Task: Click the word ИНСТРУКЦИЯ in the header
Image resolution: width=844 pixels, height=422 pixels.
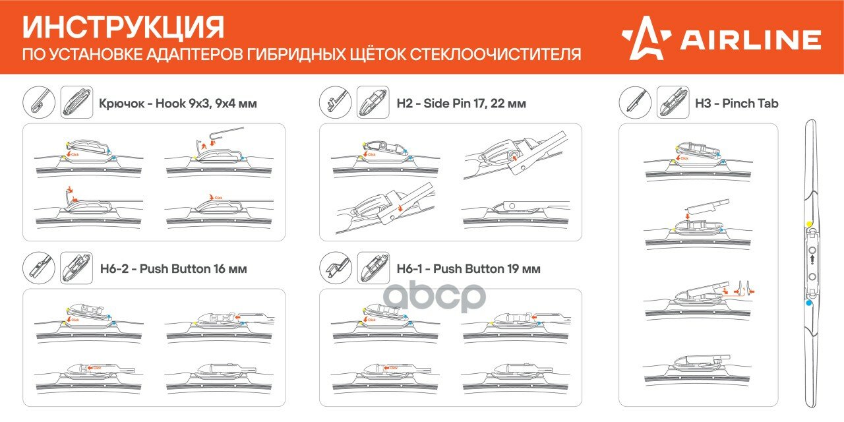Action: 123,28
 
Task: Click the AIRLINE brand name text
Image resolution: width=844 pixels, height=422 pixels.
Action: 750,40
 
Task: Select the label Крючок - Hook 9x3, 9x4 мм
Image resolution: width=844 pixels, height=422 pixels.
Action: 177,104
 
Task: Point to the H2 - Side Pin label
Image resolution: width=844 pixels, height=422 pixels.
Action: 461,104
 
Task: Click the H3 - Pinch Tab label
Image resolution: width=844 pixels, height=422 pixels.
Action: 736,104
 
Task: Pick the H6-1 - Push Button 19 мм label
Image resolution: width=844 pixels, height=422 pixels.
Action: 468,268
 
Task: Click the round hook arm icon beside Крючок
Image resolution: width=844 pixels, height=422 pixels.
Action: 40,103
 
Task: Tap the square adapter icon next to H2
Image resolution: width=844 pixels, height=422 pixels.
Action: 373,103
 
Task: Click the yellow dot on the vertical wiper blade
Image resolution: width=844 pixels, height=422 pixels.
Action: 809,225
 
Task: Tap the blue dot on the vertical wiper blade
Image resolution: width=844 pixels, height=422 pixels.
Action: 809,303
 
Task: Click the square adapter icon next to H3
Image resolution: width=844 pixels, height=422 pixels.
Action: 673,103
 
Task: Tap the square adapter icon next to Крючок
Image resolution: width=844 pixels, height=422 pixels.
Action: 76,103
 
